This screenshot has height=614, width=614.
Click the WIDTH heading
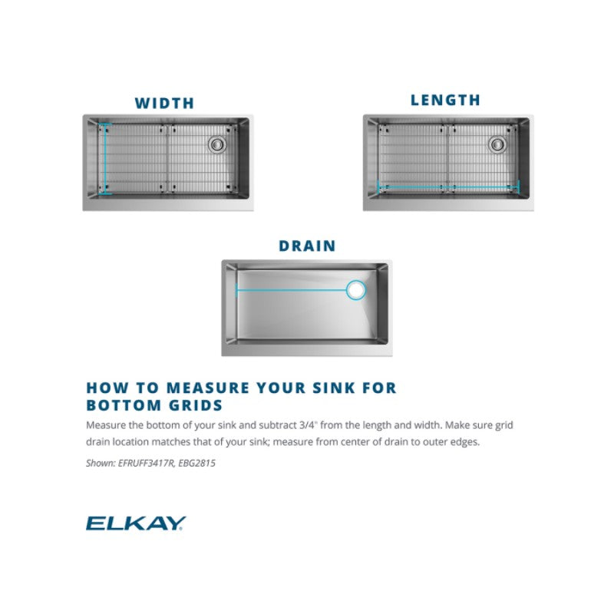[164, 103]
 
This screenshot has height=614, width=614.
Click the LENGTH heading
[445, 100]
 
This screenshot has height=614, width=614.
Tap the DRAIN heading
[308, 246]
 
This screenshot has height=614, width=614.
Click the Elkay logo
[136, 523]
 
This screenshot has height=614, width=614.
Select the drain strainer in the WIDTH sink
[216, 144]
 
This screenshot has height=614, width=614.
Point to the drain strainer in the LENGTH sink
[497, 144]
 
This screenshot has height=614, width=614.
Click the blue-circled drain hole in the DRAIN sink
[356, 290]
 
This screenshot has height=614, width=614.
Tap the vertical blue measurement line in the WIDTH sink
[105, 159]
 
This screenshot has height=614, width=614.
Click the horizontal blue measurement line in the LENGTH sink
[448, 187]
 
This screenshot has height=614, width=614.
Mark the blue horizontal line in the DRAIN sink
[292, 290]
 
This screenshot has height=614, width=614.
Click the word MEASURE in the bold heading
[208, 388]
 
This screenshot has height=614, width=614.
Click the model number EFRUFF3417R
[146, 464]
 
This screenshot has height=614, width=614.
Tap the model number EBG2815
[196, 464]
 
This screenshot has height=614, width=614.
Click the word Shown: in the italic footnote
[101, 464]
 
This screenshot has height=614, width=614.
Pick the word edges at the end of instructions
[465, 442]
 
